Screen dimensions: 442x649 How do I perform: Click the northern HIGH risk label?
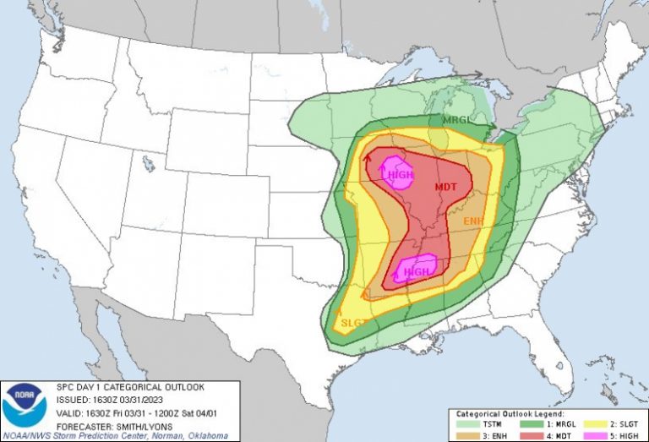[x=400, y=175]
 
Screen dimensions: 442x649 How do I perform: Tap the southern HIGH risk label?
[x=417, y=270]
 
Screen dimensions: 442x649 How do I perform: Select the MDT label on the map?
[x=446, y=187]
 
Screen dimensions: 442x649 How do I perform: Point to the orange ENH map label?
[x=474, y=221]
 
